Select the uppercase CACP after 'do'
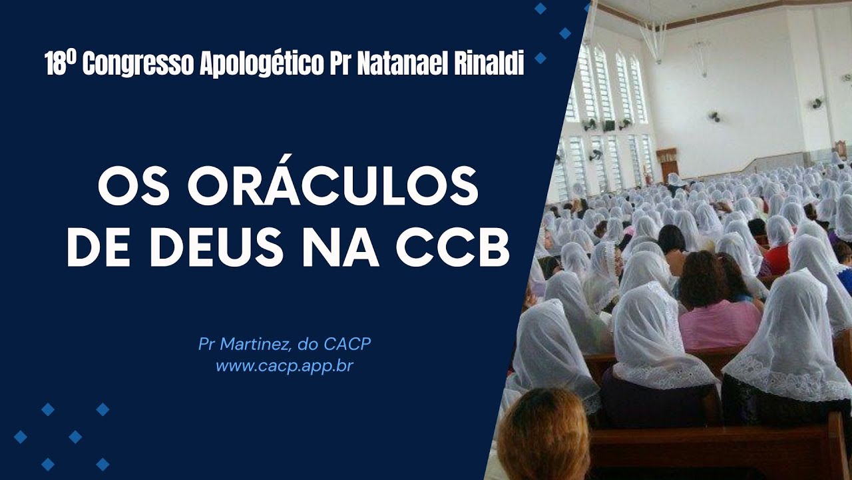point(347,345)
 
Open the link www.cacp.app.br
point(284,366)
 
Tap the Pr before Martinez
point(206,345)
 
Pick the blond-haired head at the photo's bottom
point(542,437)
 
